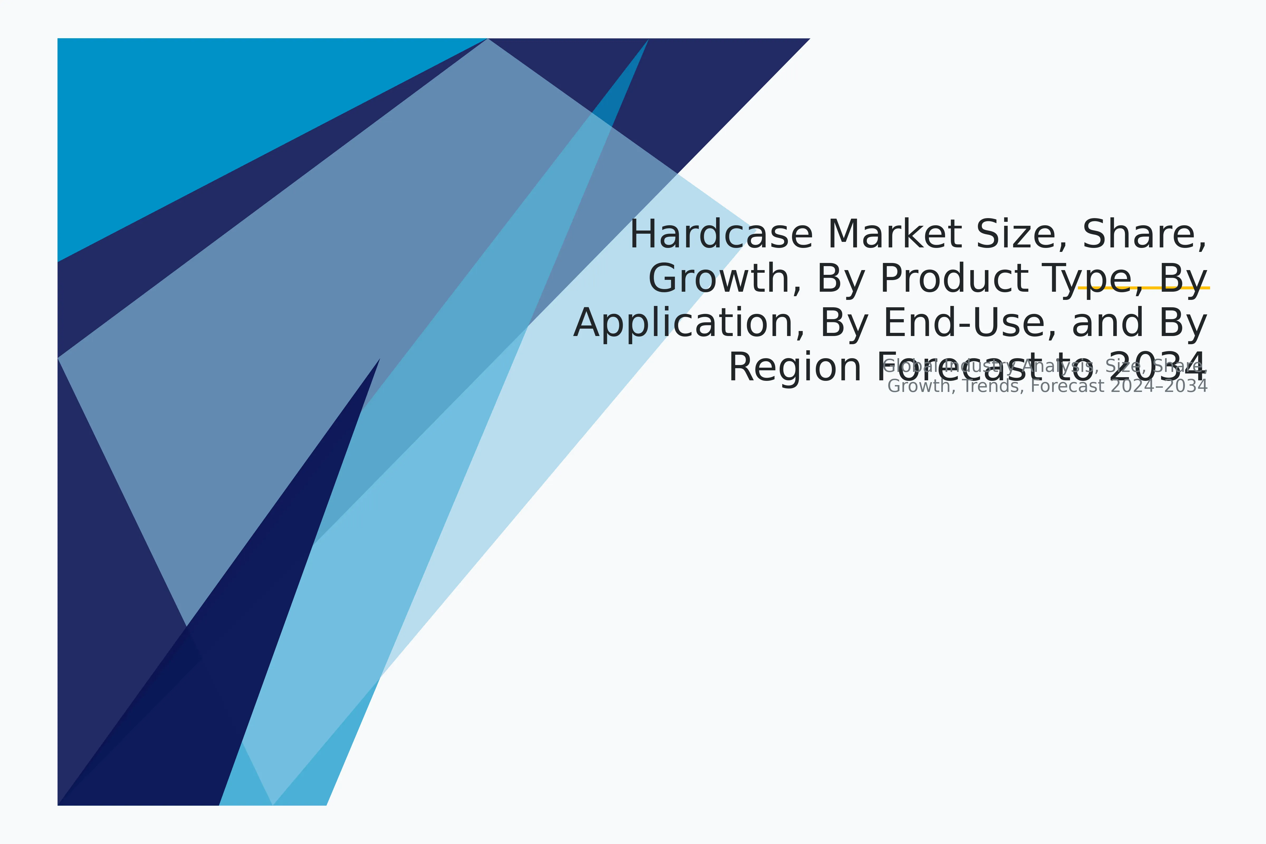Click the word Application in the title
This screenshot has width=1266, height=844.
(689, 323)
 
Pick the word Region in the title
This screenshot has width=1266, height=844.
(795, 368)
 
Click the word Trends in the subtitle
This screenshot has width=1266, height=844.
(993, 386)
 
